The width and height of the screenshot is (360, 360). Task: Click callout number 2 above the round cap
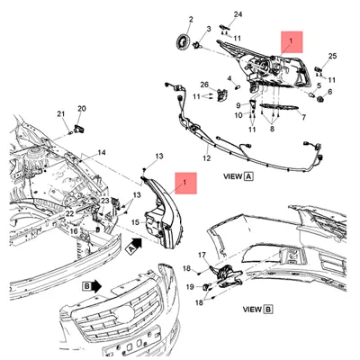[x=190, y=19]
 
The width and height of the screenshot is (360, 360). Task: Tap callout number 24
[x=238, y=14]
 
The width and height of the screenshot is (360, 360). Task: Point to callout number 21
[x=62, y=114]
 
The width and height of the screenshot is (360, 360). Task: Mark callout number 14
[x=102, y=153]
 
